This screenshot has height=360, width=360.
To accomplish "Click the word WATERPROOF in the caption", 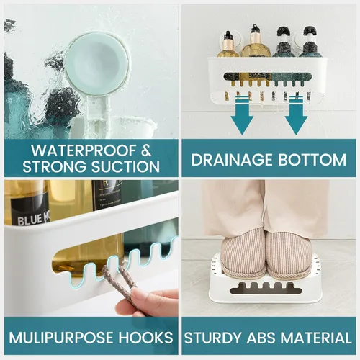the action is tap(84, 150).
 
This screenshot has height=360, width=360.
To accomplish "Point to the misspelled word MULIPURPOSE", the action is tap(62, 338).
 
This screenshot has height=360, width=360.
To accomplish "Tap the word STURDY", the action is tap(213, 338).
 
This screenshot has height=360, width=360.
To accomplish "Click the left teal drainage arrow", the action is tap(242, 115).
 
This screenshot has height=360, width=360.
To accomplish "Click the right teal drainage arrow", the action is tap(296, 115).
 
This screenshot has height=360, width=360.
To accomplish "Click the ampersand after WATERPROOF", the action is tap(146, 150).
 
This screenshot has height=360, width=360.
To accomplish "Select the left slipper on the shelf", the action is tap(243, 253).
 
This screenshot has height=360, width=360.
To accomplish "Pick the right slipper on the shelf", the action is tap(289, 253).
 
